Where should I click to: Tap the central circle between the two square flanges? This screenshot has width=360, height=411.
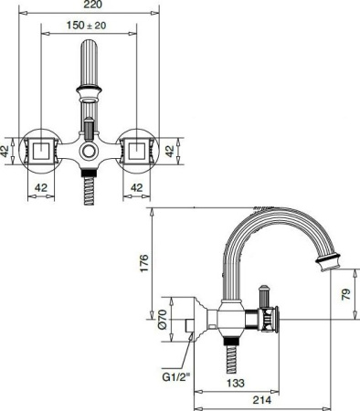89,151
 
